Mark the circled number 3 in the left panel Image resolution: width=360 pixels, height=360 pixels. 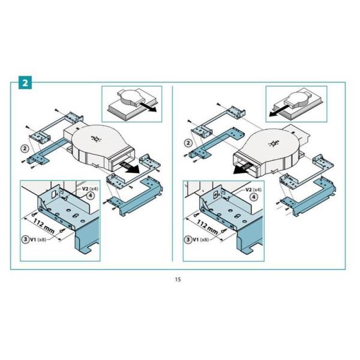click(x=25, y=239)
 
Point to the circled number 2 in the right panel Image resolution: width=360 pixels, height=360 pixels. click(x=190, y=142)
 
